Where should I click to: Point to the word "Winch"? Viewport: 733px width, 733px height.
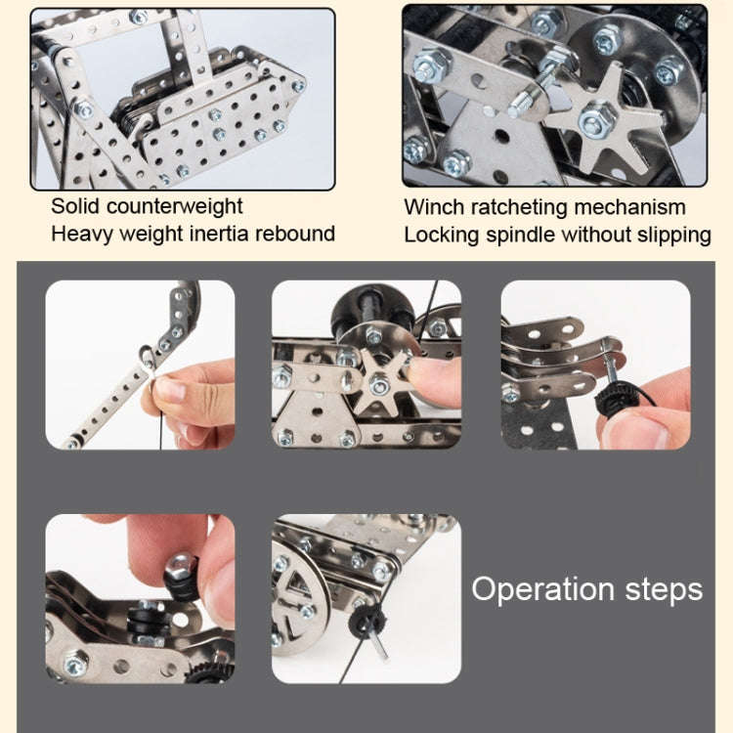click(434, 207)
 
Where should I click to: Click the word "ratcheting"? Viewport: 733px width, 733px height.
click(519, 207)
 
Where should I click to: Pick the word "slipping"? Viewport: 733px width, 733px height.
click(670, 235)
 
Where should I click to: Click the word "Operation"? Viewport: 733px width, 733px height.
click(542, 589)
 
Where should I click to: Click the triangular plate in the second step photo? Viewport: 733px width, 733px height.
click(313, 415)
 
